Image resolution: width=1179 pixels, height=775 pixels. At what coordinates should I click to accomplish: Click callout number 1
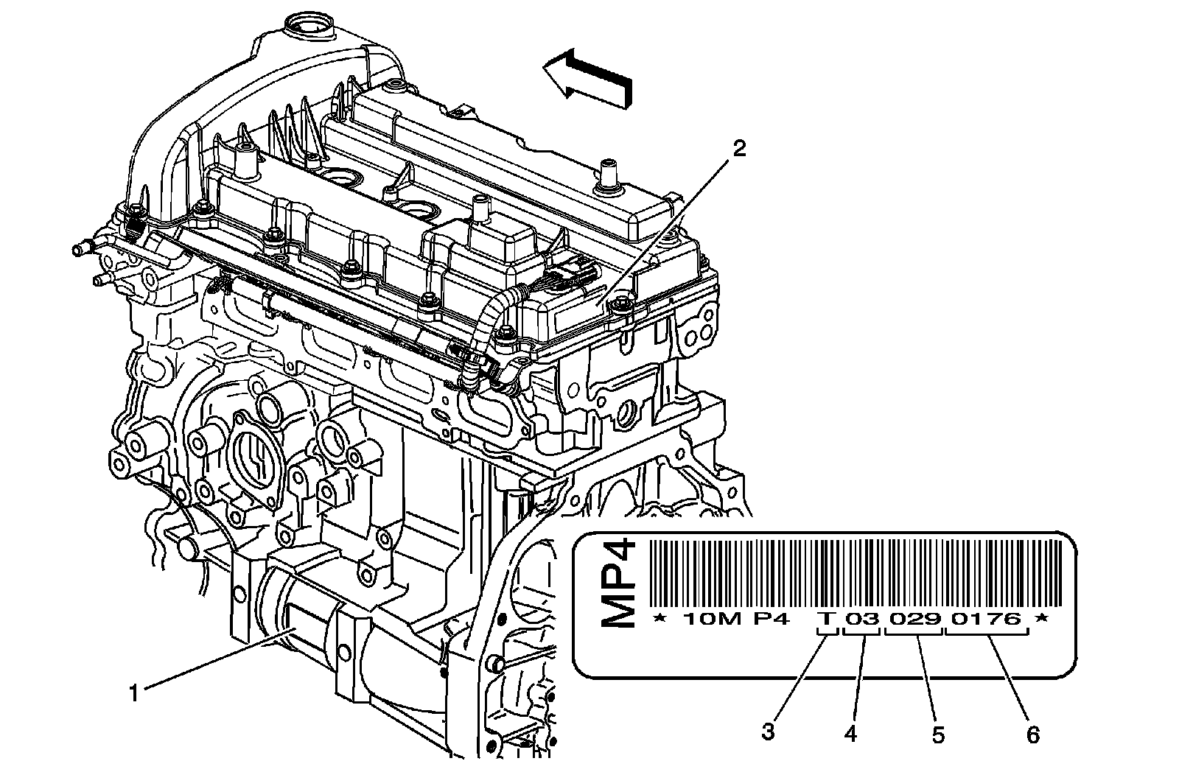click(x=133, y=693)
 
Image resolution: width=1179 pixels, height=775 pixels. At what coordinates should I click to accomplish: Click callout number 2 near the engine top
click(x=738, y=149)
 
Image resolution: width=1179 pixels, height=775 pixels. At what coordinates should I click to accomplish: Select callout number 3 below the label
click(x=769, y=733)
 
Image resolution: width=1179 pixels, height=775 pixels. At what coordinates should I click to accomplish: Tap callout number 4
click(x=852, y=733)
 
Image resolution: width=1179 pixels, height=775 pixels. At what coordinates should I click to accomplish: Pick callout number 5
click(x=938, y=734)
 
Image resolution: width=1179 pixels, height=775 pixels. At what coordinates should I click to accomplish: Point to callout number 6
click(x=1032, y=734)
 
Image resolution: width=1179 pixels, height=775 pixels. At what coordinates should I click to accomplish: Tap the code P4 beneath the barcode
click(x=771, y=619)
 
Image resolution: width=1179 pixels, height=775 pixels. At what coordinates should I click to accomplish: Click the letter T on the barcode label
click(x=828, y=619)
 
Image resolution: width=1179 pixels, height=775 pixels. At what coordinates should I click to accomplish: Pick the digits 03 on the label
click(x=862, y=619)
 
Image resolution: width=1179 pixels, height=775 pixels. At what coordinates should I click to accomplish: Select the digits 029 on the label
click(x=914, y=619)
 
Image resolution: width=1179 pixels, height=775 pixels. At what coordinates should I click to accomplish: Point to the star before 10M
click(x=660, y=619)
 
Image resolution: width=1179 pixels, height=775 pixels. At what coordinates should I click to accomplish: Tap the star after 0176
click(x=1041, y=619)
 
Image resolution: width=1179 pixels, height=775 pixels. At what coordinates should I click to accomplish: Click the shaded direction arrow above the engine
click(x=587, y=79)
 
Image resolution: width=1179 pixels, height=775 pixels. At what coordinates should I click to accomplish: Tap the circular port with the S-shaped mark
click(x=255, y=457)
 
